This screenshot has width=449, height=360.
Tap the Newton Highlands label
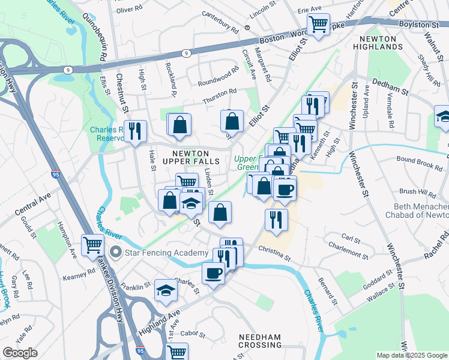pos(378,43)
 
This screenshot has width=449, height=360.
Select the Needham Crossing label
pos(260,341)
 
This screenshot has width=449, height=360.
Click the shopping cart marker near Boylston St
pos(318,26)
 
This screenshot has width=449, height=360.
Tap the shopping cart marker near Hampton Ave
pos(92,245)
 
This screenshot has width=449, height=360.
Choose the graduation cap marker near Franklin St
pos(166,292)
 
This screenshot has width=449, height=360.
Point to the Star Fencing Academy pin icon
pos(115,253)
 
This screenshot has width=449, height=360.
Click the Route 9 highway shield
pos(188,53)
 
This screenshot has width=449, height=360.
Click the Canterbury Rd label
pos(220,27)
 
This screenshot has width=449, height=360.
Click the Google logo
pos(20,353)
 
